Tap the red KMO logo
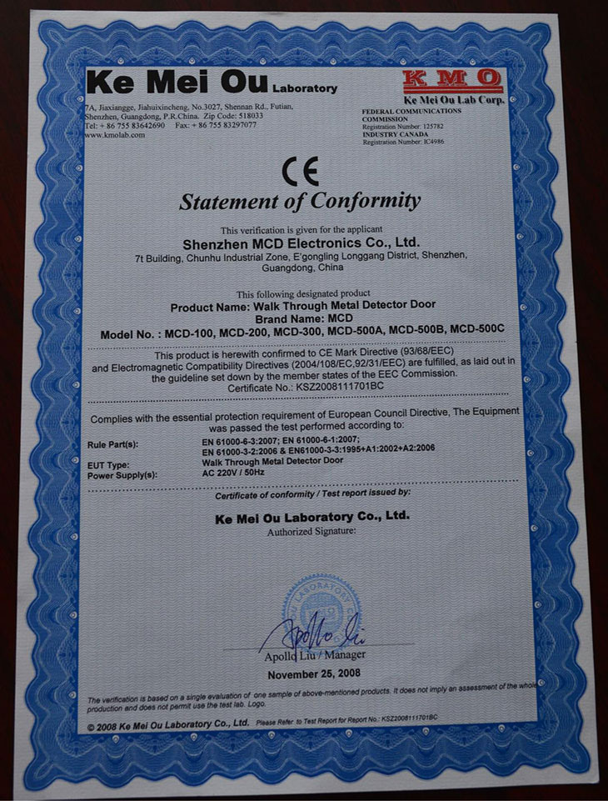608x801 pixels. tap(452, 81)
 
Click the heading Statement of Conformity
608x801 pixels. tap(300, 201)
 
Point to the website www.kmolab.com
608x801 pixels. tap(115, 134)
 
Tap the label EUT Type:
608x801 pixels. tap(108, 464)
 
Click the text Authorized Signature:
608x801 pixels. tap(311, 531)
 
